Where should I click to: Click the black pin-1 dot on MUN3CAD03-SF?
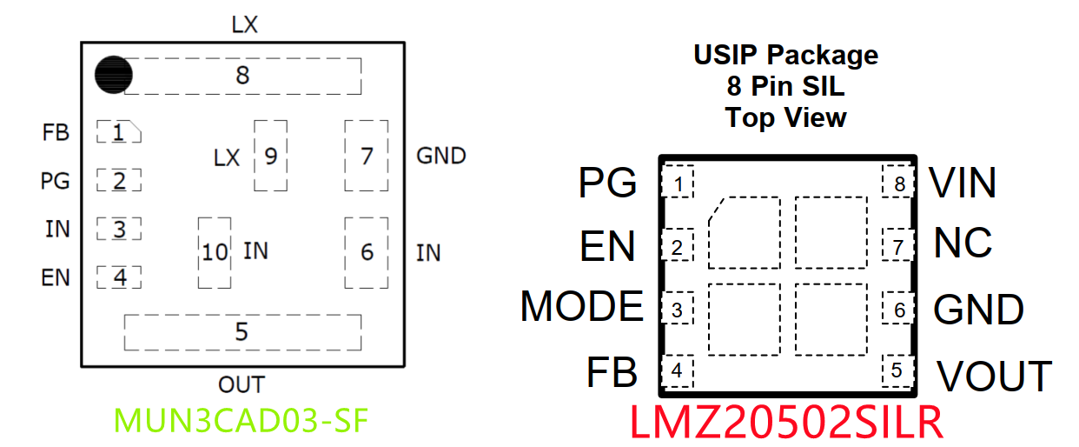[x=113, y=75]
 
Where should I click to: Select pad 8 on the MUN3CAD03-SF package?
[x=243, y=76]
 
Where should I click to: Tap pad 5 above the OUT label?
[x=242, y=332]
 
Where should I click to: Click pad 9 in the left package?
[x=271, y=157]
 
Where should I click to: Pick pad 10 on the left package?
[x=215, y=252]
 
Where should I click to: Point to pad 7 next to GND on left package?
[x=367, y=157]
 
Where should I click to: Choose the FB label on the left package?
[x=56, y=133]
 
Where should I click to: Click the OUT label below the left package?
[x=242, y=384]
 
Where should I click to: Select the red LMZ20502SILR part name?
[x=786, y=424]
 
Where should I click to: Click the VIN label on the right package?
[x=963, y=183]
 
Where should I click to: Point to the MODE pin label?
[x=582, y=306]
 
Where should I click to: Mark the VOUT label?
[x=994, y=376]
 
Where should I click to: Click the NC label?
[x=963, y=244]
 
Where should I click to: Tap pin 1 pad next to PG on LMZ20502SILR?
[x=678, y=183]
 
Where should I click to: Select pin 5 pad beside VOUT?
[x=897, y=370]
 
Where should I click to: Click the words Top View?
[x=785, y=117]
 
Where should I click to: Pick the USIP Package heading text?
[x=785, y=56]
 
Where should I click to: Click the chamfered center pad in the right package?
[x=744, y=232]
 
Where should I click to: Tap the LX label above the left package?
[x=244, y=25]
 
